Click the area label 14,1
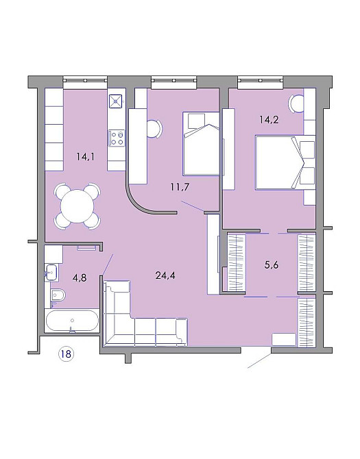pos(86,157)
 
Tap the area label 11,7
pos(180,187)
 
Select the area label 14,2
pos(269,120)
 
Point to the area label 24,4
pos(165,275)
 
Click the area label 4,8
pos(80,277)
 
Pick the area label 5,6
pos(272,265)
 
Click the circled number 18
pos(66,353)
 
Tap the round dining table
pos(77,206)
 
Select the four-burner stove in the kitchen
pos(117,138)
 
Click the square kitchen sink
pos(117,101)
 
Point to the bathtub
pos(72,321)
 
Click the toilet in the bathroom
pos(58,296)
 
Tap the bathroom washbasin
pos(51,273)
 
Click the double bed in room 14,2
pos(285,162)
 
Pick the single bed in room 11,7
pos(201,143)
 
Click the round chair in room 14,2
pos(296,104)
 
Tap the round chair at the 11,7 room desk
pos(154,129)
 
